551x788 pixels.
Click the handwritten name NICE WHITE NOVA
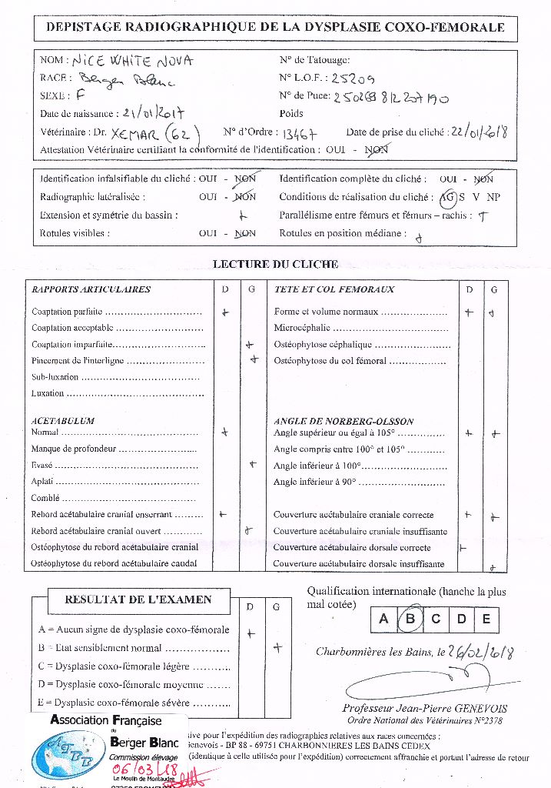(x=132, y=61)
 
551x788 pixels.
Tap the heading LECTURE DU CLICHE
(x=275, y=265)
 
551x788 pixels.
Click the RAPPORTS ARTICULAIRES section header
(x=91, y=290)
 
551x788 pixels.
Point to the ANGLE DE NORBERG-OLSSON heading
(x=344, y=422)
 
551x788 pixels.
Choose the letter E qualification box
(x=486, y=618)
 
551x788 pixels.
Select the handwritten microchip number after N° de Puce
(x=392, y=98)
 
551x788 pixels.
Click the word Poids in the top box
(x=292, y=113)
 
